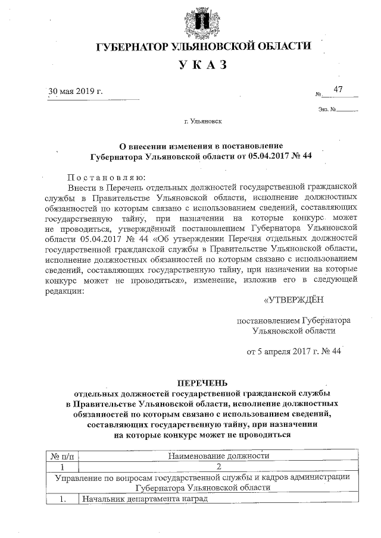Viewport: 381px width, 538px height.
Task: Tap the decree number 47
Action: click(x=338, y=89)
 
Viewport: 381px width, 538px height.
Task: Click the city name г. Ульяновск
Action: click(x=203, y=121)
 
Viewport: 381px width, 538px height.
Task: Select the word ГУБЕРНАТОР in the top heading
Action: click(x=130, y=46)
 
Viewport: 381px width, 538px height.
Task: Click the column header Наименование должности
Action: click(x=218, y=456)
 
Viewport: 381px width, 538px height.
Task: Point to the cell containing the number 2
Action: click(x=218, y=466)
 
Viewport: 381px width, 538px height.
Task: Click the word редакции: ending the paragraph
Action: click(x=64, y=291)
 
